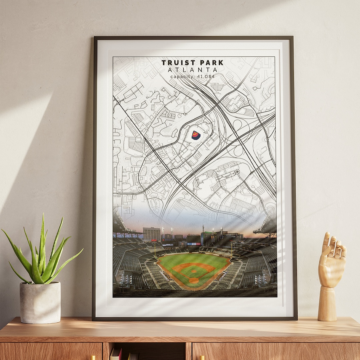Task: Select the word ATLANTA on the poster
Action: (x=193, y=70)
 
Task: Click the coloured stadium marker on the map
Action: (x=196, y=135)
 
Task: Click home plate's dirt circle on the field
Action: (x=194, y=281)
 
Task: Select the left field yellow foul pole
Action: (x=155, y=249)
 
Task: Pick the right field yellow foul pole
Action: (x=231, y=248)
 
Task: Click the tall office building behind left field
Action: (x=152, y=234)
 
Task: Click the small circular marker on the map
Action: (x=237, y=172)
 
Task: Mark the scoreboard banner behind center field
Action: (x=194, y=244)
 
